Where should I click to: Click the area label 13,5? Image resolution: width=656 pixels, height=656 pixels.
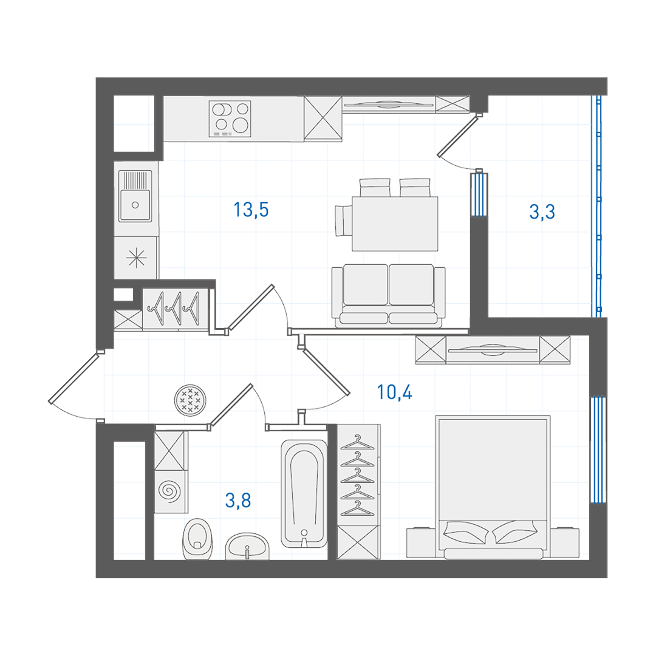251,210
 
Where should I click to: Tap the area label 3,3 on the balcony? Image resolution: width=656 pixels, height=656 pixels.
542,211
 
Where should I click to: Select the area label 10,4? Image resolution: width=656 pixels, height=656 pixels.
395,392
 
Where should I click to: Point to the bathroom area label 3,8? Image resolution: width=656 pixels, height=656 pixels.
238,500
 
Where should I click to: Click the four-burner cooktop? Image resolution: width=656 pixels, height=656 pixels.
230,119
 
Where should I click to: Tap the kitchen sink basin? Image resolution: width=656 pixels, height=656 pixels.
135,196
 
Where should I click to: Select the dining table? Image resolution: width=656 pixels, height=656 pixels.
395,224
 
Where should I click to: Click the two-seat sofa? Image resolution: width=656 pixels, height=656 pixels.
388,295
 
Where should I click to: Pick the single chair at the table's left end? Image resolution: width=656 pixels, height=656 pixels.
344,220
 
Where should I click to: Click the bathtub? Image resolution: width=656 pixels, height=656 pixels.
304,493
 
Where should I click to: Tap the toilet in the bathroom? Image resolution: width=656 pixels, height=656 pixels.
197,539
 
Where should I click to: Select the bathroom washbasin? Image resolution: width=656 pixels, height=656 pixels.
247,546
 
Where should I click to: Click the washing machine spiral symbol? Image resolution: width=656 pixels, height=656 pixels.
170,491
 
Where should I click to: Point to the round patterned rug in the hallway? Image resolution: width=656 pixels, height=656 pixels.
190,400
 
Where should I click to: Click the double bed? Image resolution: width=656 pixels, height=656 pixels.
493,487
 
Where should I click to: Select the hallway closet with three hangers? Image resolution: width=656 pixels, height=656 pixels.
176,309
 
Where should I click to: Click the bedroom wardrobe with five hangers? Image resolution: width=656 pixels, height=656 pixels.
358,475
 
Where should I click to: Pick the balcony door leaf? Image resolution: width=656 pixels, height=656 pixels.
458,136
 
